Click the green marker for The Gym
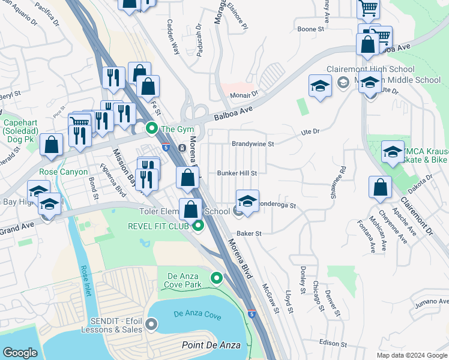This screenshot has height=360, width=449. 152,128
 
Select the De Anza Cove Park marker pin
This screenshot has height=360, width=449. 216,278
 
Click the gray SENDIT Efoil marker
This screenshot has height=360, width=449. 151,325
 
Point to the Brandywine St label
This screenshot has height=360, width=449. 253,144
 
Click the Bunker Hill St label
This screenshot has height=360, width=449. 237,173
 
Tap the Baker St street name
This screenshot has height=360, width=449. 249,233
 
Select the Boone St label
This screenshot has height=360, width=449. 310,29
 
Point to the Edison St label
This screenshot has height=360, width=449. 334,343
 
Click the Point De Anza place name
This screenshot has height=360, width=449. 211,345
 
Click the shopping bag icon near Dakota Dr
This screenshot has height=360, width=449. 381,187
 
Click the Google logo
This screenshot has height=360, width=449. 20,353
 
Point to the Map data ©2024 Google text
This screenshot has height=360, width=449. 411,355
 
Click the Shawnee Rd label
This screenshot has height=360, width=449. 343,182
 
